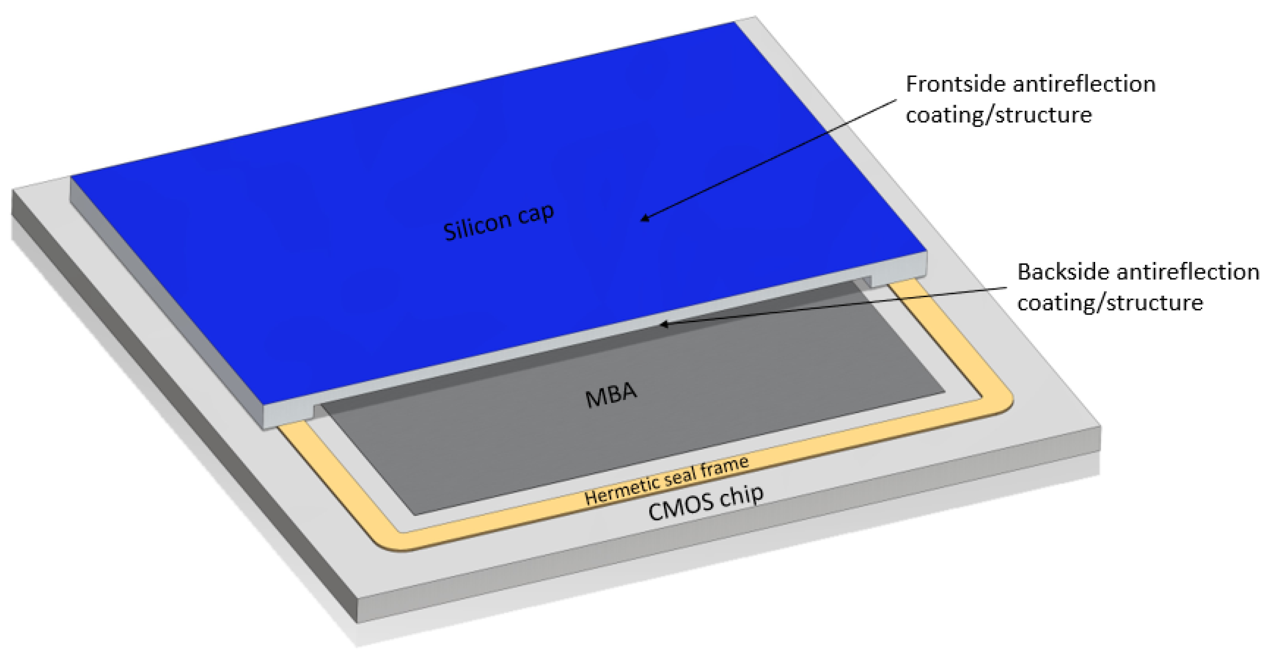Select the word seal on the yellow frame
(x=680, y=477)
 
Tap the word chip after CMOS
(x=741, y=495)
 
